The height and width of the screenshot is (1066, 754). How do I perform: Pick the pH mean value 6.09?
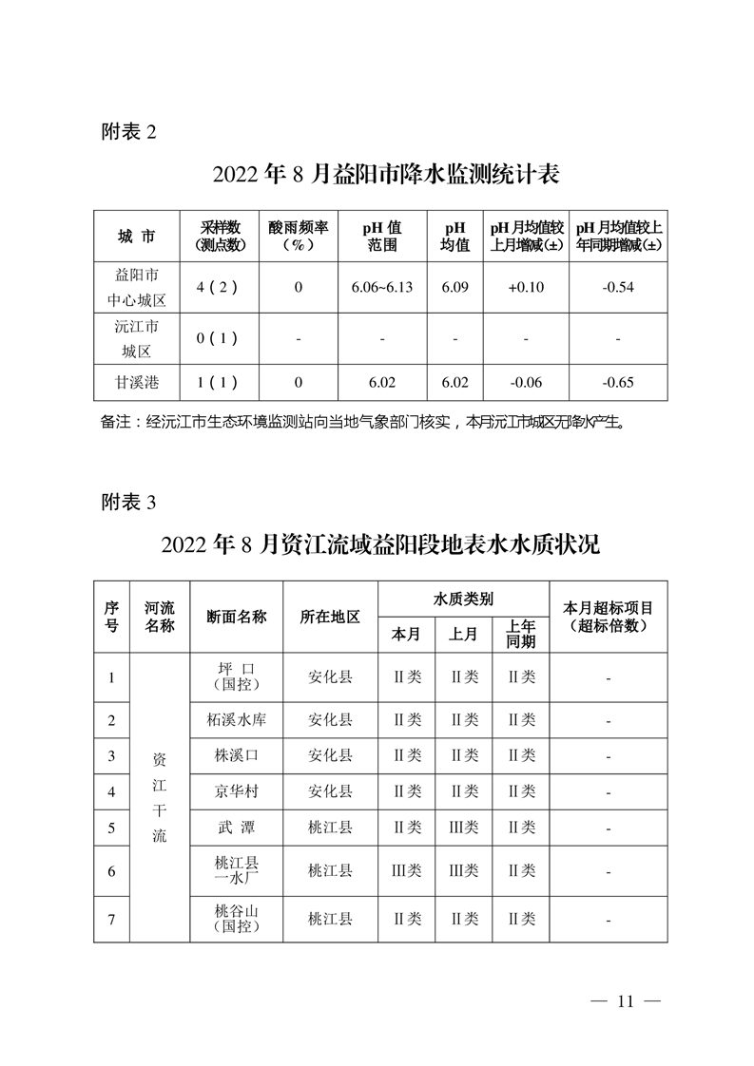click(x=455, y=288)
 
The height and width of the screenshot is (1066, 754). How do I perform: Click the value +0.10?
click(x=526, y=288)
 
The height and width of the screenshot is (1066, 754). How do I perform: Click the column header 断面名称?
click(x=236, y=616)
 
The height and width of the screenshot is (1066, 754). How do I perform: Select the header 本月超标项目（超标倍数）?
click(x=608, y=616)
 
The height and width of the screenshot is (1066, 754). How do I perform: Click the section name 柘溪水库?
click(x=236, y=720)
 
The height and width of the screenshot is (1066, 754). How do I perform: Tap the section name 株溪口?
click(x=236, y=755)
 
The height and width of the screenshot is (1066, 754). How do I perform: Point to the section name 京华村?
click(x=236, y=790)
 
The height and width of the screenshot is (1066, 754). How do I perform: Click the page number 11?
click(x=625, y=1001)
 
